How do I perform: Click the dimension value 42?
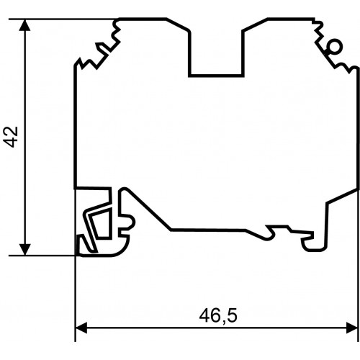pos(11,137)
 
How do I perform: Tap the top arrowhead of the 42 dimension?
pos(24,25)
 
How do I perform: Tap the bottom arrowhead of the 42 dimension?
pos(24,250)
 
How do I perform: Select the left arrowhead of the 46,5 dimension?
pos(81,328)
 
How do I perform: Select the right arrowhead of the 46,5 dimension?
pos(352,328)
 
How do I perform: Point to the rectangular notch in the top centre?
pos(216,53)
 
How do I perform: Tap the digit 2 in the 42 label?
pos(11,131)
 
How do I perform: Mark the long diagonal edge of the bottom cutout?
pos(148,210)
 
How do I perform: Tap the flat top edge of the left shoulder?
pos(142,19)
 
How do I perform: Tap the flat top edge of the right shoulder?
pos(291,19)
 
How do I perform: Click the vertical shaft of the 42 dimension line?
pos(24,138)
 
